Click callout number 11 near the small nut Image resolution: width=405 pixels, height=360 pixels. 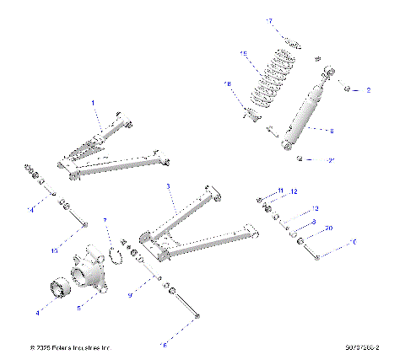pyautogui.click(x=281, y=191)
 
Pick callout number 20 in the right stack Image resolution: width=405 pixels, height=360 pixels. pyautogui.click(x=328, y=228)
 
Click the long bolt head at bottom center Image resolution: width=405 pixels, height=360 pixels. pyautogui.click(x=197, y=316)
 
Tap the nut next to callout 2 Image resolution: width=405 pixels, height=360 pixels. pyautogui.click(x=347, y=88)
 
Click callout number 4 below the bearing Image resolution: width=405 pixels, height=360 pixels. pyautogui.click(x=38, y=312)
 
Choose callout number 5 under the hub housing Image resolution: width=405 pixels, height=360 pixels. pyautogui.click(x=78, y=309)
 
